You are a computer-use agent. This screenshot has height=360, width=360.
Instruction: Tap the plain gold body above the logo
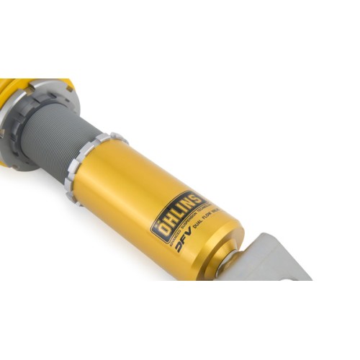pyautogui.click(x=144, y=173)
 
